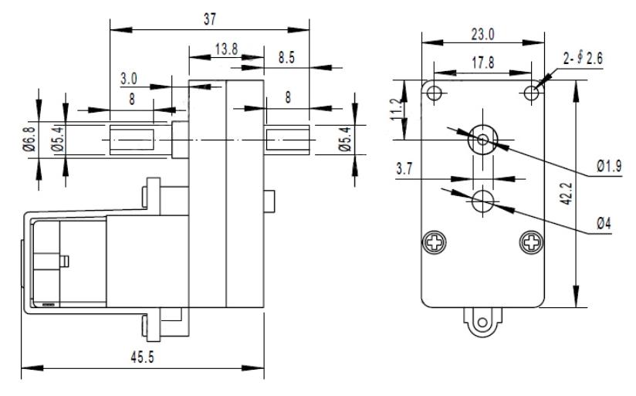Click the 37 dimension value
pyautogui.click(x=210, y=19)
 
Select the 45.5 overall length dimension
pyautogui.click(x=142, y=357)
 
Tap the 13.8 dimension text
pyautogui.click(x=226, y=49)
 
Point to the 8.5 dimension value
pyautogui.click(x=286, y=58)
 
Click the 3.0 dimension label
pyautogui.click(x=129, y=79)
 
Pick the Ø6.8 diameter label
pyautogui.click(x=29, y=139)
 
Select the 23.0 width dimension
pyautogui.click(x=482, y=35)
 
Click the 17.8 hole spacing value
pyautogui.click(x=482, y=63)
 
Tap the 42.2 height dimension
pyautogui.click(x=567, y=194)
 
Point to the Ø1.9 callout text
pyautogui.click(x=609, y=165)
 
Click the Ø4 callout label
pyautogui.click(x=604, y=223)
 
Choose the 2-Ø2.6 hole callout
pyautogui.click(x=583, y=59)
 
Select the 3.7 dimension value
pyautogui.click(x=404, y=168)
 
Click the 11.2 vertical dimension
pyautogui.click(x=397, y=110)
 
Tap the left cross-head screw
pyautogui.click(x=435, y=242)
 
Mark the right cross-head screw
pyautogui.click(x=531, y=242)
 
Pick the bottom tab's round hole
pyautogui.click(x=482, y=323)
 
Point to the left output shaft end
pyautogui.click(x=132, y=140)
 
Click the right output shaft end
pyautogui.click(x=287, y=140)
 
